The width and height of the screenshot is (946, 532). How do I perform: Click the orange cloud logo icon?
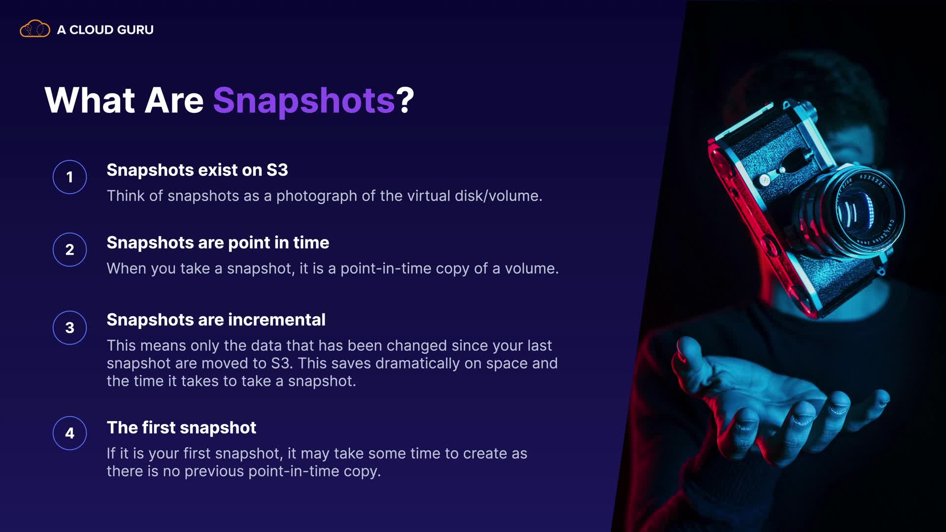pyautogui.click(x=34, y=29)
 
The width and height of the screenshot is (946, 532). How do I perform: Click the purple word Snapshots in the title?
pyautogui.click(x=304, y=100)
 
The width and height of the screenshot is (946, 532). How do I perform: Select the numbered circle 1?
pyautogui.click(x=69, y=177)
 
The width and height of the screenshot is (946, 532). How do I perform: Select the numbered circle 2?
pyautogui.click(x=69, y=250)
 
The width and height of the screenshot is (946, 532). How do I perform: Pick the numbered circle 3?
pyautogui.click(x=69, y=328)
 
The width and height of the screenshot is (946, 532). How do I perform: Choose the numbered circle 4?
pyautogui.click(x=69, y=433)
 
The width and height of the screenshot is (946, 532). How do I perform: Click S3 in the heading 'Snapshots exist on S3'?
pyautogui.click(x=277, y=170)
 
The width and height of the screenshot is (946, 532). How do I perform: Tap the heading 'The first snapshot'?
pyautogui.click(x=181, y=428)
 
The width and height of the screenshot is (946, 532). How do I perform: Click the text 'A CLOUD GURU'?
pyautogui.click(x=105, y=30)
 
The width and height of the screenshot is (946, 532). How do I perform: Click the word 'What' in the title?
pyautogui.click(x=90, y=100)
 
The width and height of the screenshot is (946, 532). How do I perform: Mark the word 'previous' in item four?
pyautogui.click(x=214, y=471)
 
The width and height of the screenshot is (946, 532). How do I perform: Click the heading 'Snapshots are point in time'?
pyautogui.click(x=218, y=243)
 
